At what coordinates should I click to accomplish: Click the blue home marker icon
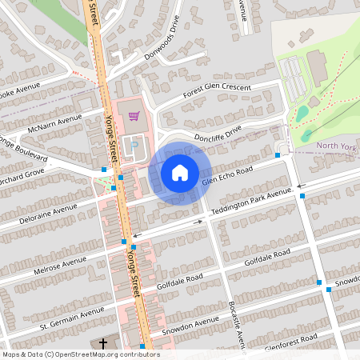(x=180, y=173)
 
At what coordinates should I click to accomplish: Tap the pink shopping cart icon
(x=134, y=117)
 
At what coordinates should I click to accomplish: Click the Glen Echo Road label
(x=227, y=176)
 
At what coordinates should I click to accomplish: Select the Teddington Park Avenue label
(x=252, y=203)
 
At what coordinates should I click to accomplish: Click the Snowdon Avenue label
(x=190, y=326)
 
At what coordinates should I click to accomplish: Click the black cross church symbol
(x=102, y=344)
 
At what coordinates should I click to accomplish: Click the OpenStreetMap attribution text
(x=80, y=354)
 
